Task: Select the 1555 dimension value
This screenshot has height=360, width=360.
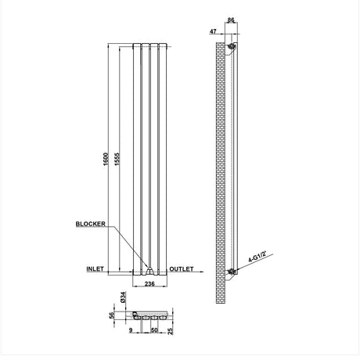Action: tap(116, 161)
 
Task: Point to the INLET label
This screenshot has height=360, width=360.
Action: tap(95, 269)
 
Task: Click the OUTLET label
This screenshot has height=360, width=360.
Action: tap(182, 269)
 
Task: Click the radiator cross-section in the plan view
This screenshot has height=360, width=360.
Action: tap(148, 318)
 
